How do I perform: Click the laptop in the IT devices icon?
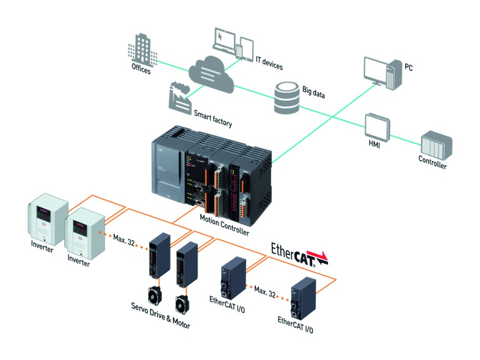(x=225, y=39)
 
